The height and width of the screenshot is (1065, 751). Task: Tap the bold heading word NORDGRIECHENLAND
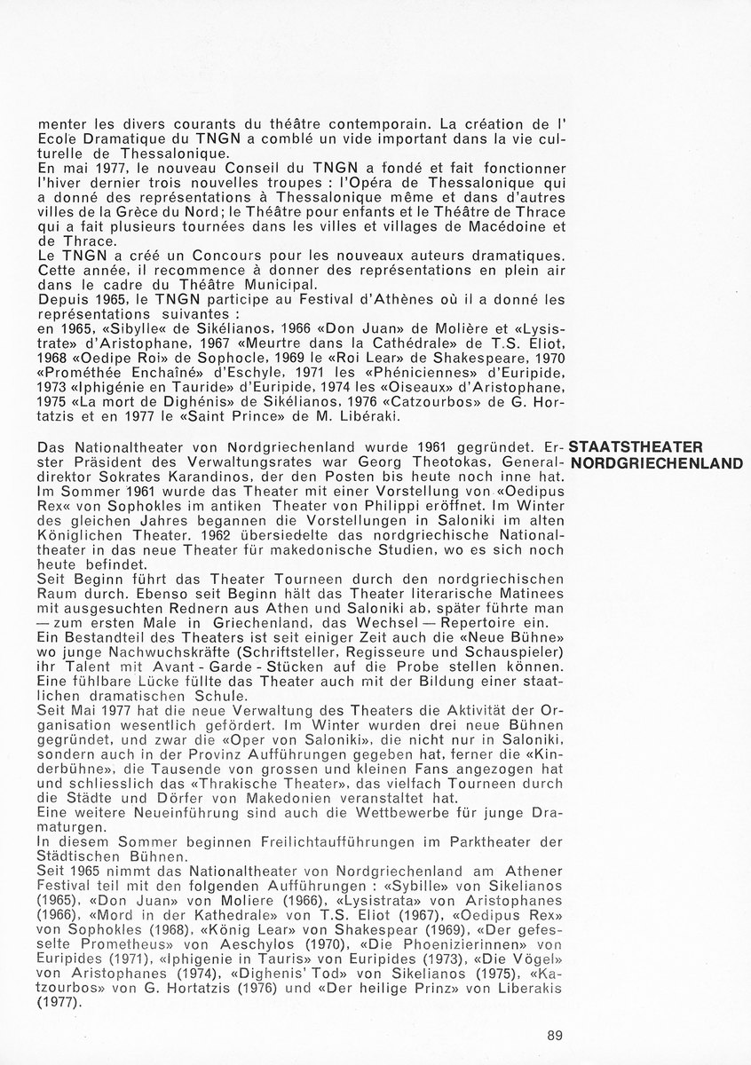coord(656,463)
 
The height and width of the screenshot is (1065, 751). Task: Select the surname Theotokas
coord(351,462)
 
